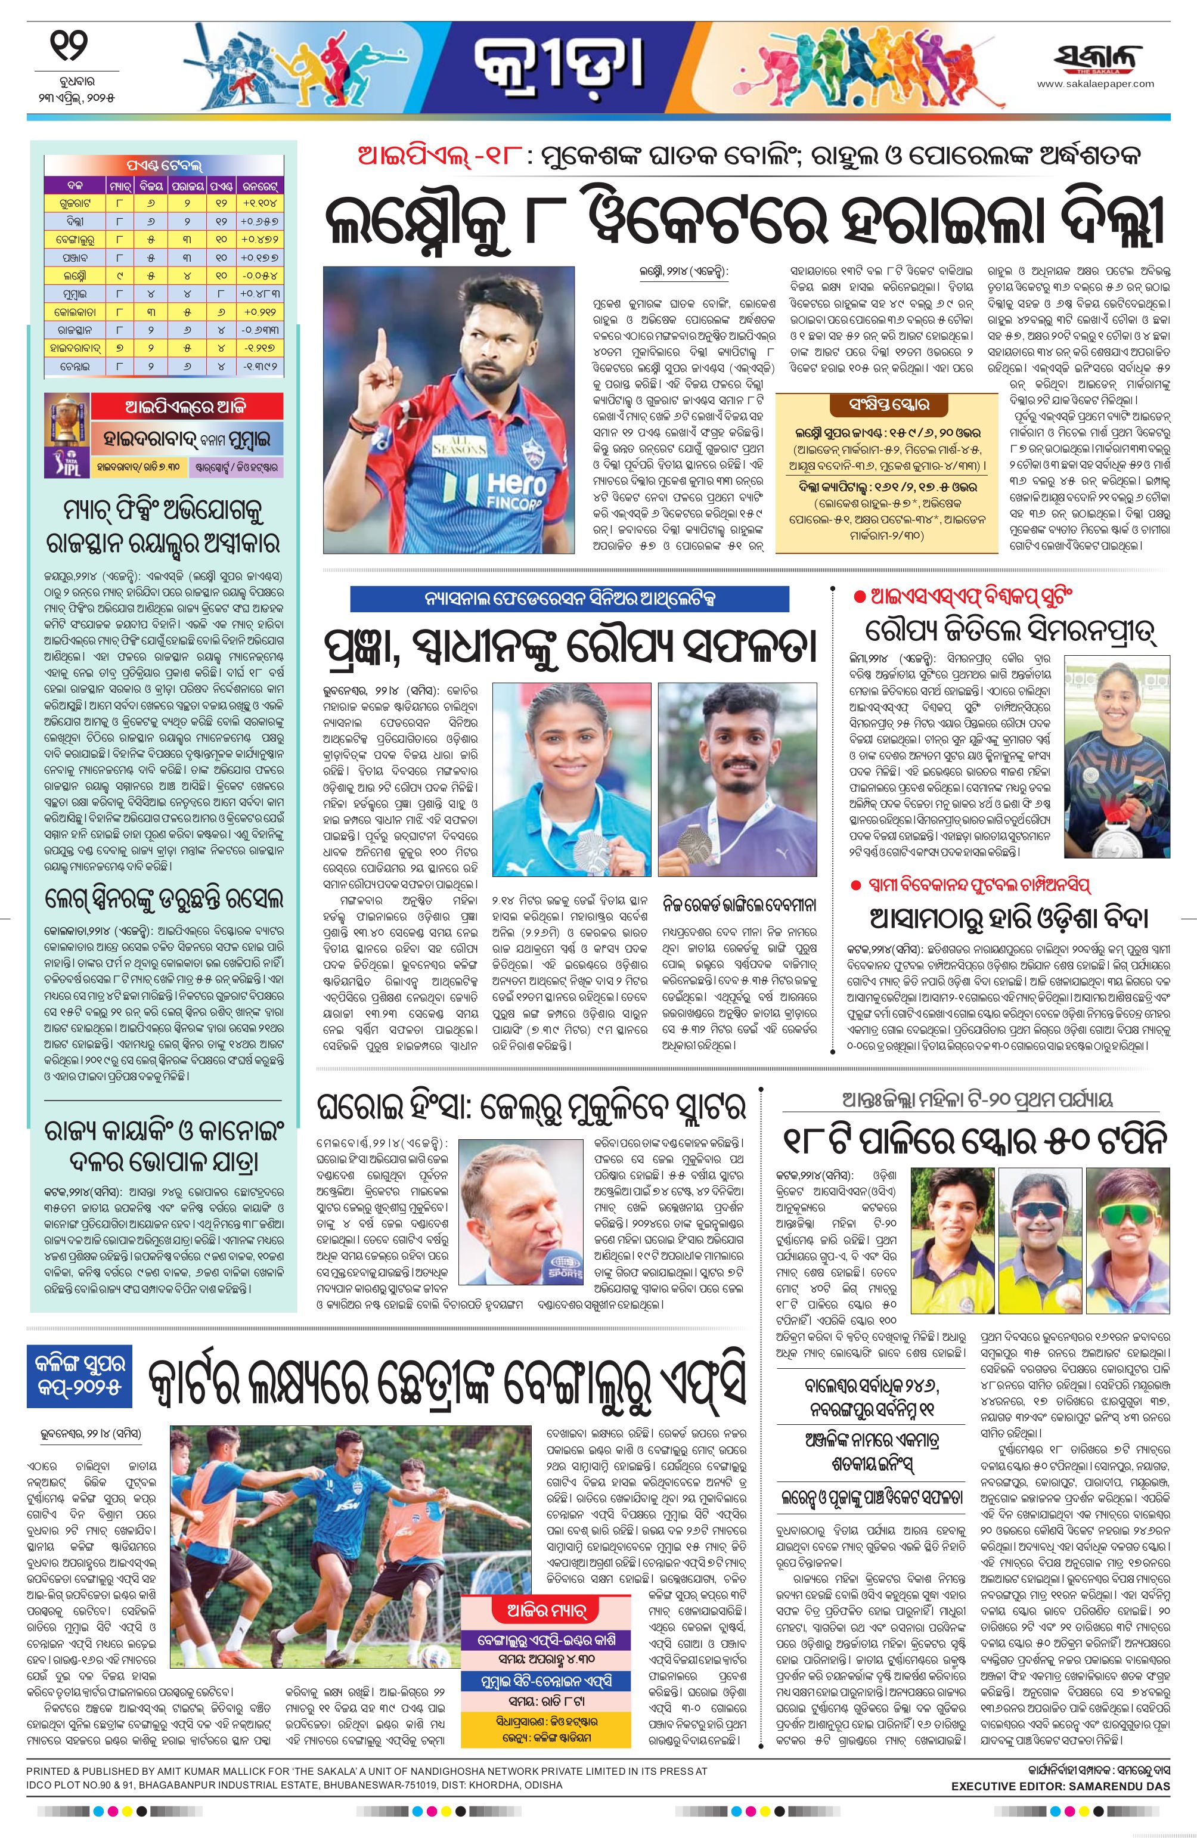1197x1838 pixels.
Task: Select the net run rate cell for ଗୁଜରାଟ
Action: [x=263, y=203]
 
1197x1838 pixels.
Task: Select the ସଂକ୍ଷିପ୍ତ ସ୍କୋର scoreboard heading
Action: [x=879, y=404]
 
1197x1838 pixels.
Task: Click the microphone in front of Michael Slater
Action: [x=562, y=1271]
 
